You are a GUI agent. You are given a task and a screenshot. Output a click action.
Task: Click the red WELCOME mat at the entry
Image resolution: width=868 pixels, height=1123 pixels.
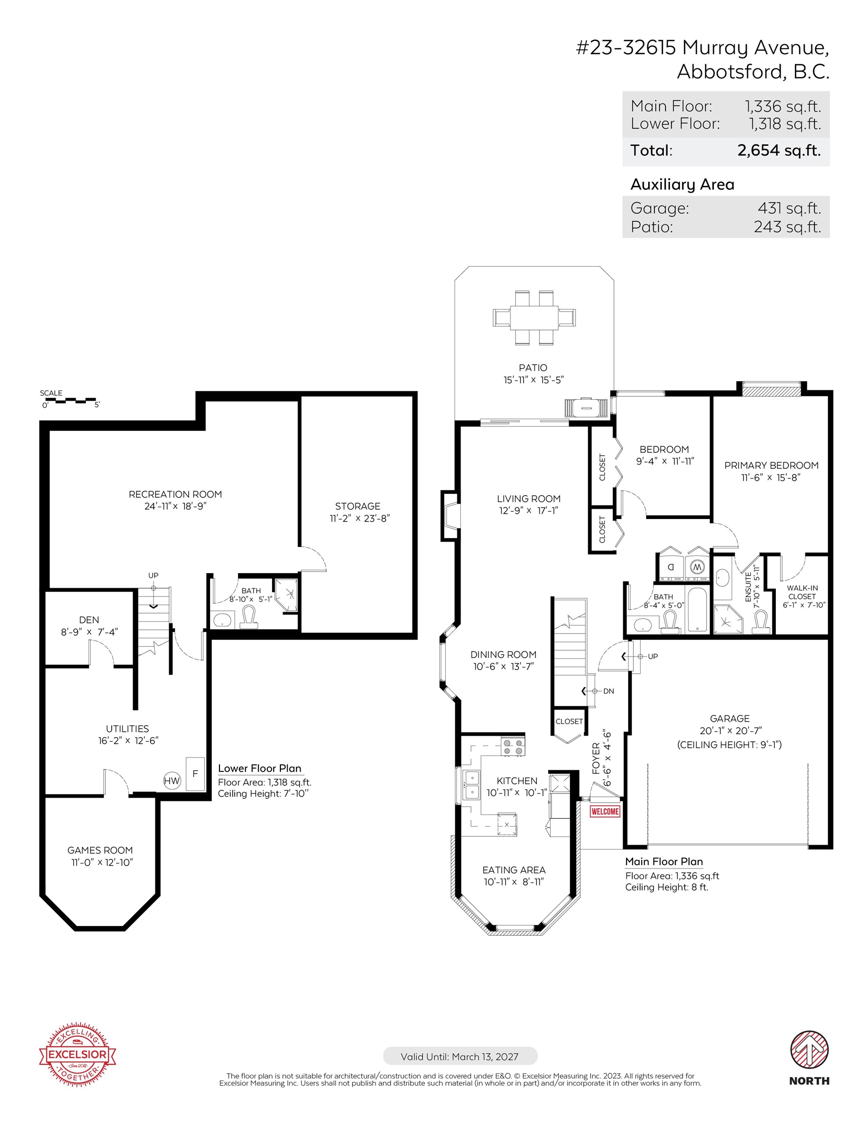[x=605, y=812]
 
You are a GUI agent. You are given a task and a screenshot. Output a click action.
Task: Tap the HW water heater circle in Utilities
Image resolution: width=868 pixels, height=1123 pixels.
[x=172, y=780]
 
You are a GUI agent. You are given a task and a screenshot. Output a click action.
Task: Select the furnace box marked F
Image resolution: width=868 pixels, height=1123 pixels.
[x=195, y=774]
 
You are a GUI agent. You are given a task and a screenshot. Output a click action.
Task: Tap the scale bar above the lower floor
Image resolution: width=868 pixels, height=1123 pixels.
[x=70, y=400]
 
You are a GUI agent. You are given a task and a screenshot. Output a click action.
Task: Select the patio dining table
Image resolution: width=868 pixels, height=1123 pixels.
[x=534, y=317]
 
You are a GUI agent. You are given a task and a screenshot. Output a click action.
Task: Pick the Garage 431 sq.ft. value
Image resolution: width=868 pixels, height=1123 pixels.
[x=789, y=208]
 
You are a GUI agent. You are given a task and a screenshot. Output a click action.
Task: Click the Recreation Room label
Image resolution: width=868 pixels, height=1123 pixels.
[x=176, y=494]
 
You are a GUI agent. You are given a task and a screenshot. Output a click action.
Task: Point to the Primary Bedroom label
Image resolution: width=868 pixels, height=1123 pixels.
[x=771, y=465]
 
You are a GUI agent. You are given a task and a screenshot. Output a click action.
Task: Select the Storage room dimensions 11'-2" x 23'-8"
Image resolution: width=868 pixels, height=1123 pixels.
[x=360, y=518]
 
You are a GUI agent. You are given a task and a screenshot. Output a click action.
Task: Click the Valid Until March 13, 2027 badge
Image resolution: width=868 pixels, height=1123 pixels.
[x=460, y=1057]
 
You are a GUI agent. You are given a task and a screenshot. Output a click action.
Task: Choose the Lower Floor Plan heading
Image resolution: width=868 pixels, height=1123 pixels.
[x=259, y=768]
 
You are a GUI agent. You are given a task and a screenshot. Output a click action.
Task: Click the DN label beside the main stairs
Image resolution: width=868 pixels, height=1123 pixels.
[x=609, y=691]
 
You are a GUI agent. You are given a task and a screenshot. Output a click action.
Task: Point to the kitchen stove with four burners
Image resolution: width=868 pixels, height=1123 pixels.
[x=513, y=747]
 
